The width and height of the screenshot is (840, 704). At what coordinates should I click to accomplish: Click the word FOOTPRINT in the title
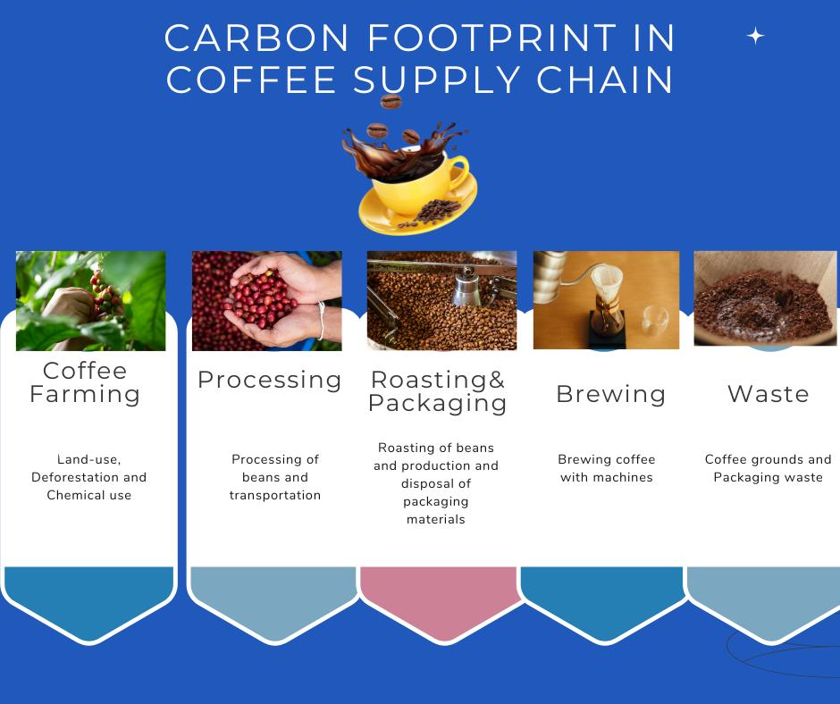coord(491,38)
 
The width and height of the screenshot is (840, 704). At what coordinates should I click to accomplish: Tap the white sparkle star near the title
coord(755,36)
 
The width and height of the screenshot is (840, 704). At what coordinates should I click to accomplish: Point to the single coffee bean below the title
coord(391,101)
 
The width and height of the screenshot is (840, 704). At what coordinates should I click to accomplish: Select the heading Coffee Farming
coord(85,382)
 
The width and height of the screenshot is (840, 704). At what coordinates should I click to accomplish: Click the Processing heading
coord(270,380)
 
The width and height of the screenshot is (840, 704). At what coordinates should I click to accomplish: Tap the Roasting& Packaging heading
coord(437,391)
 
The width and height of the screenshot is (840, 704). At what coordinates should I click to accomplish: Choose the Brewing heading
coord(610,394)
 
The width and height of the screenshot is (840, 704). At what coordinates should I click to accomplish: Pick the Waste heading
coord(769,394)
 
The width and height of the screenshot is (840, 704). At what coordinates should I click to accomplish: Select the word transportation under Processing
coord(275,495)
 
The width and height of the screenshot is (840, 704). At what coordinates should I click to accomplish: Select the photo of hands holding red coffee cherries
coord(267,300)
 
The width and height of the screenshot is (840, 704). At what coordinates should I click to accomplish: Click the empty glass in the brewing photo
coord(655,321)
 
